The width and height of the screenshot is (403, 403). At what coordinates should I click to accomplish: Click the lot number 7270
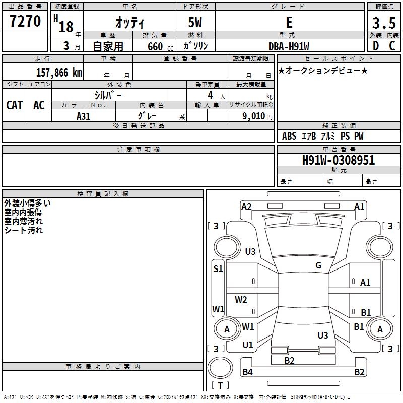[x=25, y=22]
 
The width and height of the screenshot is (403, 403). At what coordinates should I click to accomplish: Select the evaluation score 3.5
[x=383, y=23]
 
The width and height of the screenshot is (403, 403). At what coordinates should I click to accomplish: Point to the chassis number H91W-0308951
[x=338, y=160]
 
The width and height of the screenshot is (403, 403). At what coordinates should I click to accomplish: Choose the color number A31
[x=84, y=115]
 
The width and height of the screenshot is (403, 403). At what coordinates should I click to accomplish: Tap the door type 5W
[x=195, y=23]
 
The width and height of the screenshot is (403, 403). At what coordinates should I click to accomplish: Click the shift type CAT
[x=15, y=105]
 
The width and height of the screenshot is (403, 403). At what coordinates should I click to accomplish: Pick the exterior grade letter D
[x=375, y=46]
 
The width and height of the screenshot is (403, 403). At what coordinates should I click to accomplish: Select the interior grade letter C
[x=392, y=46]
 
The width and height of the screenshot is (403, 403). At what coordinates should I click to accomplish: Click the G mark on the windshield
[x=318, y=265]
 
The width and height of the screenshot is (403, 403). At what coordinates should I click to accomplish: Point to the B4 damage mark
[x=247, y=372]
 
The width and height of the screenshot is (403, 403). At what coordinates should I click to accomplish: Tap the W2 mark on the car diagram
[x=241, y=300]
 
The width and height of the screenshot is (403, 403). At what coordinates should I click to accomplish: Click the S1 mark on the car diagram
[x=218, y=269]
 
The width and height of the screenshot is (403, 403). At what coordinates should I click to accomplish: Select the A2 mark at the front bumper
[x=246, y=206]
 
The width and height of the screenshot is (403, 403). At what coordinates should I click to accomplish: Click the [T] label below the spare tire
[x=220, y=385]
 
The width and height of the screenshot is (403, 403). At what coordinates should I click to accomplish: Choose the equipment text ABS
[x=289, y=136]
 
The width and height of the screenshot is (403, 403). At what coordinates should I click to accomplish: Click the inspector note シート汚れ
[x=24, y=230]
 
